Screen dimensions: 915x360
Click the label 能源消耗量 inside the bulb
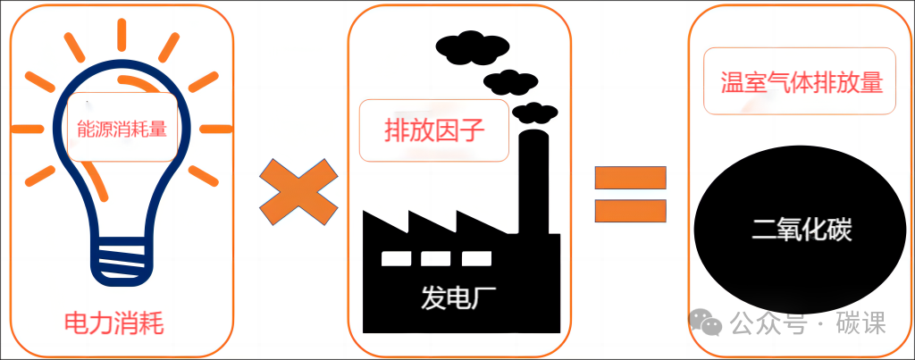[x=122, y=129]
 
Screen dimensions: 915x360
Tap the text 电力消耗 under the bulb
[x=113, y=323]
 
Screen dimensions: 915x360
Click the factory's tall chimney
[x=533, y=180]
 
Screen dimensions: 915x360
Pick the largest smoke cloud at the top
[x=472, y=48]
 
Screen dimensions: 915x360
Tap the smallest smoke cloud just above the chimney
[x=534, y=113]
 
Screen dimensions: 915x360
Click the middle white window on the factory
[x=435, y=258]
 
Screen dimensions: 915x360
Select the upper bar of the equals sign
[x=630, y=178]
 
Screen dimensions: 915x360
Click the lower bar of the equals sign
[x=630, y=211]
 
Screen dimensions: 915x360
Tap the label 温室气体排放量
[x=802, y=82]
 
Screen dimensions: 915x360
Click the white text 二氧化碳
[x=802, y=230]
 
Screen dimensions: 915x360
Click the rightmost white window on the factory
[x=476, y=258]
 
